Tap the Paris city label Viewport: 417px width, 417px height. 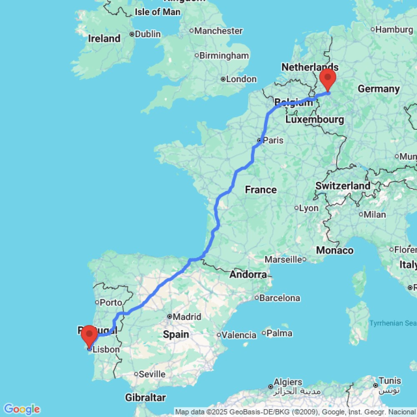273,140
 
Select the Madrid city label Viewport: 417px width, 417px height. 187,317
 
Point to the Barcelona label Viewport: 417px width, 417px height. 279,298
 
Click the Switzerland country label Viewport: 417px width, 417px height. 343,186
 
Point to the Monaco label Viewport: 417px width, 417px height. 335,251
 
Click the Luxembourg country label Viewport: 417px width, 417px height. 315,120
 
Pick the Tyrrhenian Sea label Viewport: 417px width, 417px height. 392,323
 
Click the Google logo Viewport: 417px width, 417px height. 21,409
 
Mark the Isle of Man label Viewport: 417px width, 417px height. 157,12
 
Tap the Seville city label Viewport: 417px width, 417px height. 152,374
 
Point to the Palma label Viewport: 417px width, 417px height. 279,333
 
